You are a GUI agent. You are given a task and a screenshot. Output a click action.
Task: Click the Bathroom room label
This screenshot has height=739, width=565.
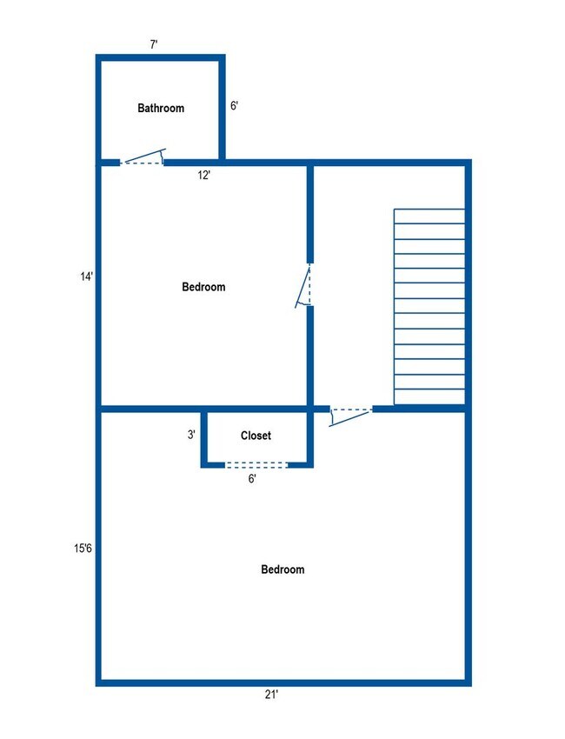[161, 109]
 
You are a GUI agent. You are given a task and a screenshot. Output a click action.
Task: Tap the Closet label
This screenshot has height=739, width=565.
[256, 436]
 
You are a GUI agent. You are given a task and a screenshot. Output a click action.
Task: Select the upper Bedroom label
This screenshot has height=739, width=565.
[203, 287]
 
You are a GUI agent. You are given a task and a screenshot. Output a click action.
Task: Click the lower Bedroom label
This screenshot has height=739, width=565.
[282, 569]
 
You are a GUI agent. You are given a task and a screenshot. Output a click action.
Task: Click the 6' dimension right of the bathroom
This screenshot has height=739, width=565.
[234, 106]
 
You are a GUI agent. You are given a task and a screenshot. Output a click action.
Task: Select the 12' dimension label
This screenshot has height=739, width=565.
[204, 175]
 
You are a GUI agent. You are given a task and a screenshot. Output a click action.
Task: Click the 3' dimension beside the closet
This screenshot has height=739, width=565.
[191, 435]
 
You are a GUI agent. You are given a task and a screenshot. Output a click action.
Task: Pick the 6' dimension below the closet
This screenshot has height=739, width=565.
[252, 477]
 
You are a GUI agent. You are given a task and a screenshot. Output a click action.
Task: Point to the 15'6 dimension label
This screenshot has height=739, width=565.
[83, 548]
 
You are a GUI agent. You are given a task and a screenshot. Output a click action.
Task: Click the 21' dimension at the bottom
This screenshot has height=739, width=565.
[272, 694]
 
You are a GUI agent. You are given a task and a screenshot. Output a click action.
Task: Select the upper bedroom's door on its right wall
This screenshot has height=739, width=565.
[306, 285]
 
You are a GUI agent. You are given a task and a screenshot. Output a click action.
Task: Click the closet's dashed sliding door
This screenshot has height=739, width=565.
[256, 465]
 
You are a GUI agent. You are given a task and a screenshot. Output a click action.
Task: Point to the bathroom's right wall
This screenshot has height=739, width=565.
[223, 109]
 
